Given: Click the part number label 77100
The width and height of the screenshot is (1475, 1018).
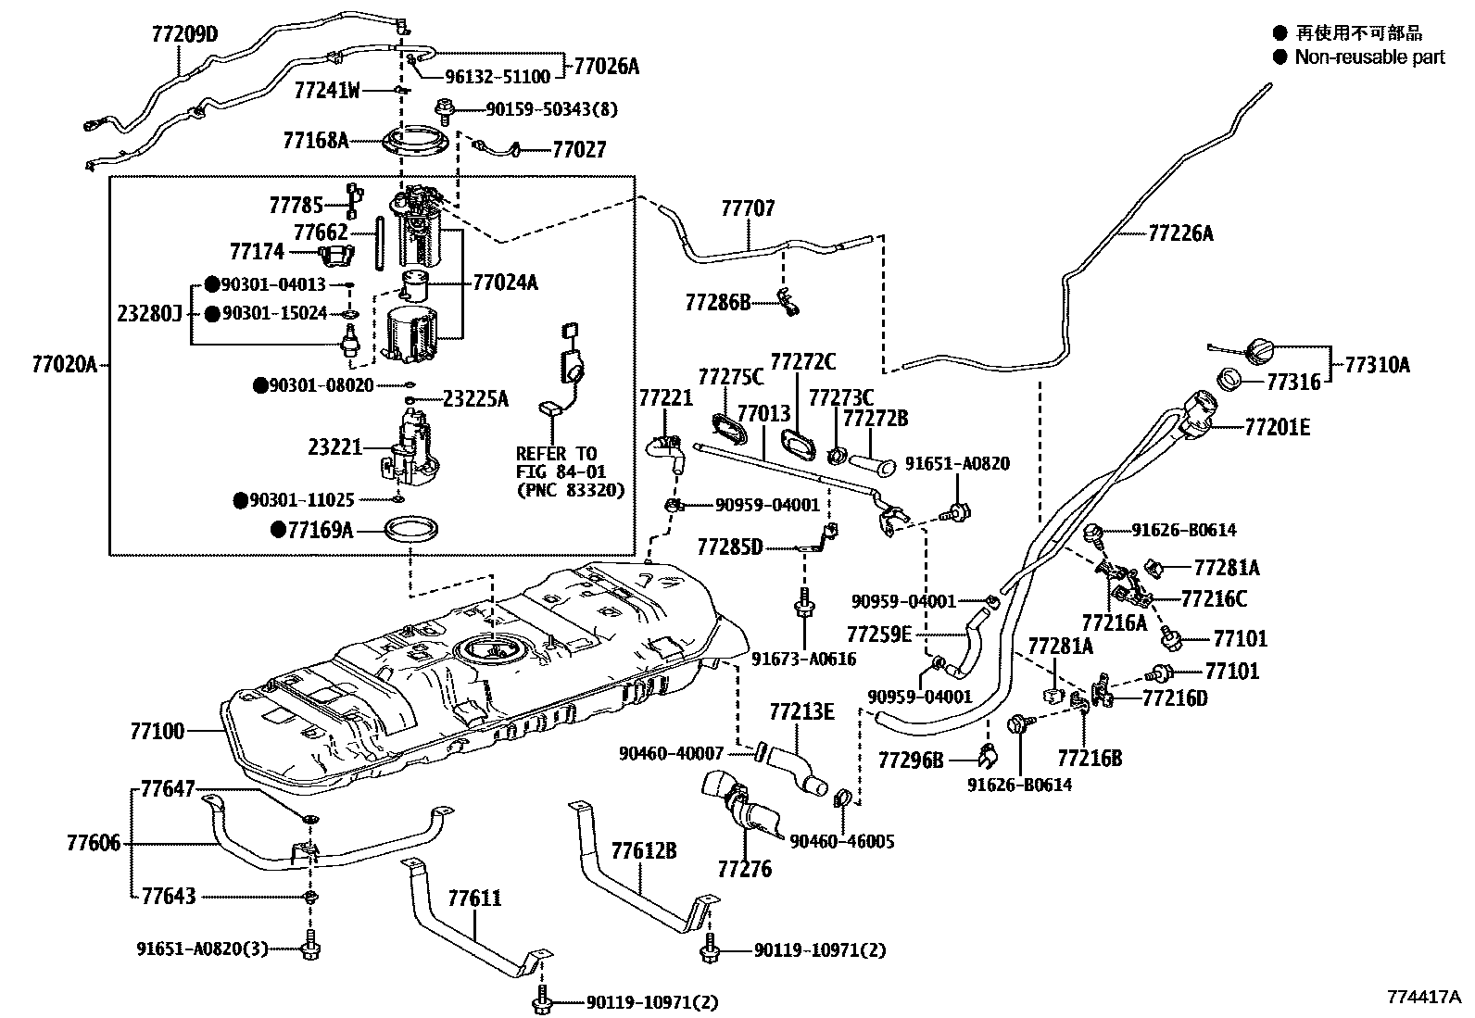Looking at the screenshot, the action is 158,731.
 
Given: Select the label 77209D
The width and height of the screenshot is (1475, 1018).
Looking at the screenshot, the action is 184,33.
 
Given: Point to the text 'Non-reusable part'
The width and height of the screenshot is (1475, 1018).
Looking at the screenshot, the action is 1369,57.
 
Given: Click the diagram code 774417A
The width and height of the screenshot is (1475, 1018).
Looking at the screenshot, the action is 1424,997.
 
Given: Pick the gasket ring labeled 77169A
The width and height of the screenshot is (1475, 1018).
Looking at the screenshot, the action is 410,530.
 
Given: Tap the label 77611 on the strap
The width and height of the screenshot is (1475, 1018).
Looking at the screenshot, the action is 474,899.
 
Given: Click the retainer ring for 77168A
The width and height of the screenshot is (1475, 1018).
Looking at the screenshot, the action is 415,141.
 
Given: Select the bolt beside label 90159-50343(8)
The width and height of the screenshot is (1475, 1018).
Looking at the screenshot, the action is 445,110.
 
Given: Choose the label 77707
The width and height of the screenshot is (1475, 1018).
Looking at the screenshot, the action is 748,208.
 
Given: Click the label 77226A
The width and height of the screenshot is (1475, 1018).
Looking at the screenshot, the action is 1180,233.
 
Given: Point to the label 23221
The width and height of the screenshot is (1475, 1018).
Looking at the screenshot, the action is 335,447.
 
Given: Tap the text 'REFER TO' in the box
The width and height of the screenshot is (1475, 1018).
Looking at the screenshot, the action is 557,454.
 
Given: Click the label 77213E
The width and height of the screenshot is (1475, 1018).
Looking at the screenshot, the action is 802,711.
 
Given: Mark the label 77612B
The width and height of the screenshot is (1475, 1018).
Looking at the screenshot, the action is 644,850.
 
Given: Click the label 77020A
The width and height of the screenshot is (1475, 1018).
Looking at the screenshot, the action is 65,364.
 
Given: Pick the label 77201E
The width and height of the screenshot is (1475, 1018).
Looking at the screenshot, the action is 1278,427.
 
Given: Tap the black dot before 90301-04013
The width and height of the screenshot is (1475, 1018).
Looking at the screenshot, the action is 211,284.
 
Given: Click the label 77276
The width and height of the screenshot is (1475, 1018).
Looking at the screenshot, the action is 745,869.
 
